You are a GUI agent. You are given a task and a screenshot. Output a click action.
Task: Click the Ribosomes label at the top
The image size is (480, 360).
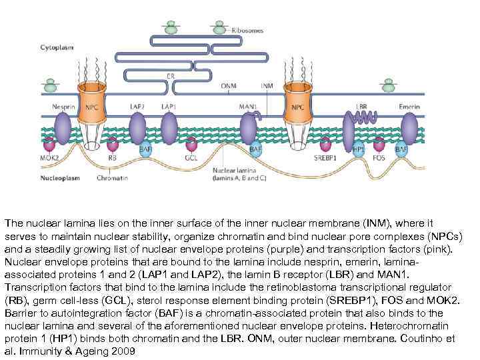247,31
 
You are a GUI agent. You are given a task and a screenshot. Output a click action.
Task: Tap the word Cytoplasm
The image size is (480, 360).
57,48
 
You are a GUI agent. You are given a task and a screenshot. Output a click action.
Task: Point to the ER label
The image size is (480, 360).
171,76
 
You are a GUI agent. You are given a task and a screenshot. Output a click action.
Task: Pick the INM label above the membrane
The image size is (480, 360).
267,86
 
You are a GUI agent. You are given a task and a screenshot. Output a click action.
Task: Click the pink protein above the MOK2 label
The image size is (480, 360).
49,144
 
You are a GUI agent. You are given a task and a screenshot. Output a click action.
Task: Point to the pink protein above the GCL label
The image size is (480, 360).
192,144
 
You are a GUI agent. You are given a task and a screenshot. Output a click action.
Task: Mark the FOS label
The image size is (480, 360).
378,159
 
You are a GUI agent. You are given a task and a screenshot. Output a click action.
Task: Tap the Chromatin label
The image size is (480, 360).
109,179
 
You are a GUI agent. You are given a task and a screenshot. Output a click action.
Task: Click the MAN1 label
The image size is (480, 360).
248,107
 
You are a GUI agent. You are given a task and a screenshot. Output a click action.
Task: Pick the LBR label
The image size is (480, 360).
362,107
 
